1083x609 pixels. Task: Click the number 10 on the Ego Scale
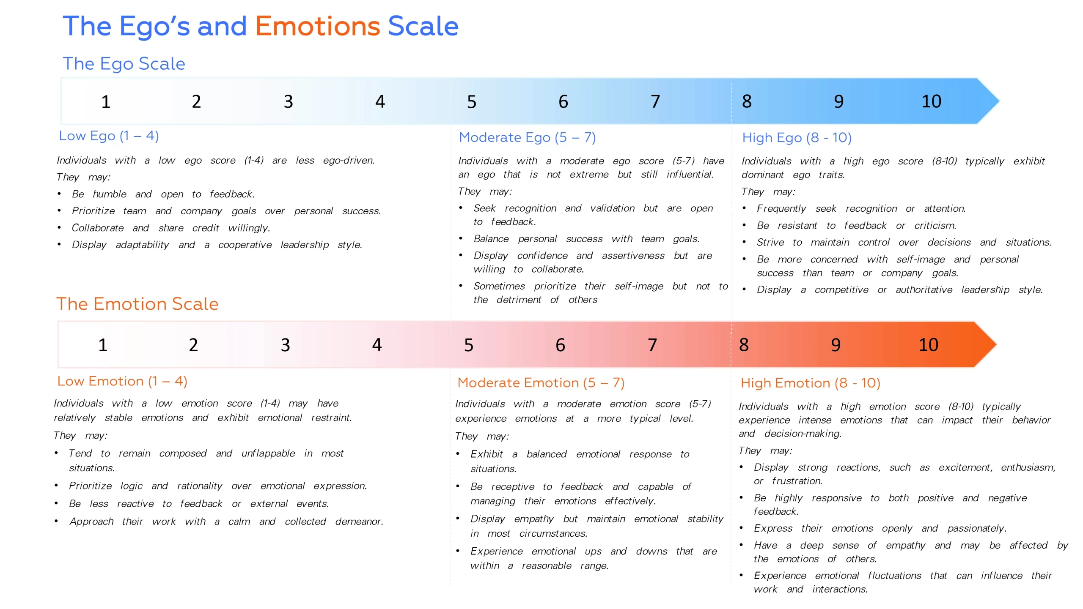[x=931, y=101]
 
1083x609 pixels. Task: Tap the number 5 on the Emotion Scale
[x=469, y=345]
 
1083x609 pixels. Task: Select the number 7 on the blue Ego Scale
[x=655, y=101]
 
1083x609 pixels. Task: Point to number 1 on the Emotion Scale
[x=103, y=345]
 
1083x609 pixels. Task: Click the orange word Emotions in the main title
[x=318, y=26]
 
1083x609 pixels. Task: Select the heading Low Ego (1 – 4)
[x=109, y=136]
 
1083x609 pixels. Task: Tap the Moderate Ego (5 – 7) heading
[x=528, y=137]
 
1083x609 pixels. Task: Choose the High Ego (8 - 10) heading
[x=797, y=138]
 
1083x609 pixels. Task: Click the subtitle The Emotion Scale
[x=137, y=304]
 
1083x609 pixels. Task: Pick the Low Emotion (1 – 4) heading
[x=122, y=381]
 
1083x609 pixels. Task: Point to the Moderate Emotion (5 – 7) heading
[x=541, y=383]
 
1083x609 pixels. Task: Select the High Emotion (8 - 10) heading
[x=811, y=383]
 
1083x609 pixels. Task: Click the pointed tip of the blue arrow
[x=999, y=101]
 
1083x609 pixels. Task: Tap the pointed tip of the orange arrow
[x=997, y=344]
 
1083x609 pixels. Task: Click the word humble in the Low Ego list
[x=110, y=194]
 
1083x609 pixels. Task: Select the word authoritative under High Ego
[x=924, y=290]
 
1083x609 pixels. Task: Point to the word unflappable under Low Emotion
[x=268, y=453]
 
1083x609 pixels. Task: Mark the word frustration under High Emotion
[x=797, y=481]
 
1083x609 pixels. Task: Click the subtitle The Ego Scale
[x=124, y=64]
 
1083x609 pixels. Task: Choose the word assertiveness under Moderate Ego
[x=633, y=256]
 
